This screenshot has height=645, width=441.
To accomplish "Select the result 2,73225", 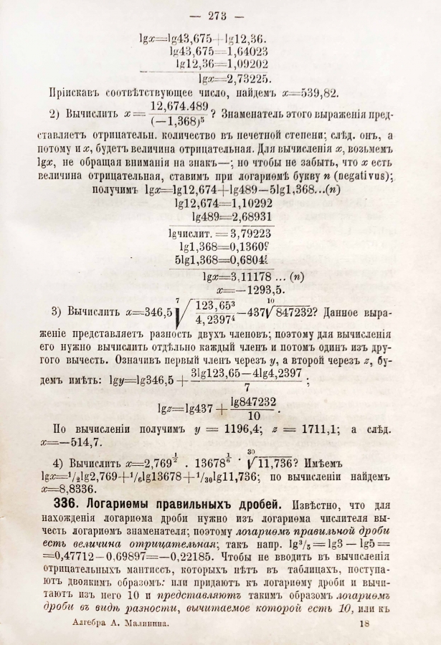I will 247,78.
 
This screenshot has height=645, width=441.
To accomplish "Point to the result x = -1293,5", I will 234,290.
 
